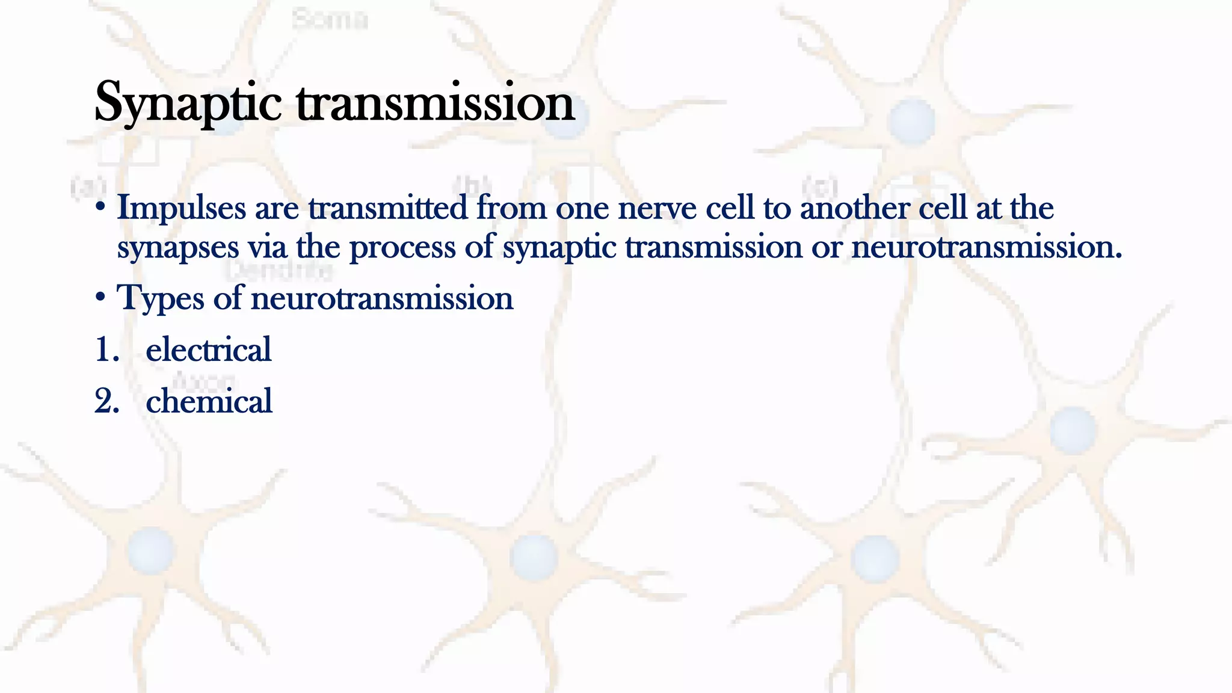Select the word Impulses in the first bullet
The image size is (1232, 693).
coord(182,208)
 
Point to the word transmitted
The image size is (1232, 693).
coord(388,208)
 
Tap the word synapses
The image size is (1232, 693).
coord(178,248)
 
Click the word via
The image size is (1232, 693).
coord(268,248)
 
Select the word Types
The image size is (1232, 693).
coord(161,298)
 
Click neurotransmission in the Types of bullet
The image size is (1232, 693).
coord(382,298)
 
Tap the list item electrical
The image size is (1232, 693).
coord(209,350)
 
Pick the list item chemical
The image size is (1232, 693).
coord(209,401)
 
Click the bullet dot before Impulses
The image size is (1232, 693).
coord(100,208)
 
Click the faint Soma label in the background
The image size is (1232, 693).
coord(330,20)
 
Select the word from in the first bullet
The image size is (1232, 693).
coord(511,208)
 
